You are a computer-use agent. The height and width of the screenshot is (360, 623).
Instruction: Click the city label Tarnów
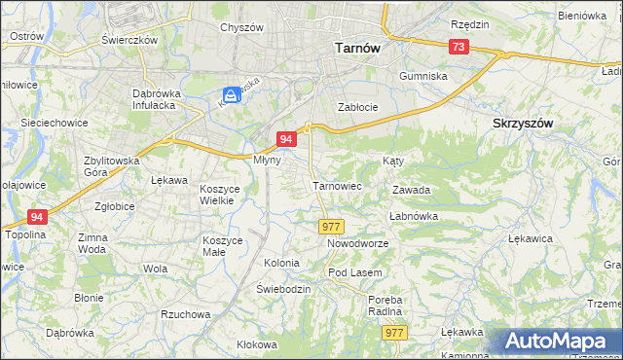356,46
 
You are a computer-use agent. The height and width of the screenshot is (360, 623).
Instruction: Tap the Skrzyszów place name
523,124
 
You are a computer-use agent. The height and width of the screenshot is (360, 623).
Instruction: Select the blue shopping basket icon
231,95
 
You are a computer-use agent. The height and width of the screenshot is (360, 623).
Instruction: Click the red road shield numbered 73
458,47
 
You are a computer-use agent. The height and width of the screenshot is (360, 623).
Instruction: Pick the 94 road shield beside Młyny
285,139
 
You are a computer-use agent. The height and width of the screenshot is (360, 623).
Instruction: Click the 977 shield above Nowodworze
331,226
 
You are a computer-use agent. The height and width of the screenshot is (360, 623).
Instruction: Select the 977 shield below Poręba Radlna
393,333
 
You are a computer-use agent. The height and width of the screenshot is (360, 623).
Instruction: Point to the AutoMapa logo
560,341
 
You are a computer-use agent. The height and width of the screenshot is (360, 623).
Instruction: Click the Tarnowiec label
337,185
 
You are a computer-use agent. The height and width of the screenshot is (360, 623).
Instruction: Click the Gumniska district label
423,75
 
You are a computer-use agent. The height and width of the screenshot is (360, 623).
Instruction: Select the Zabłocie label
357,107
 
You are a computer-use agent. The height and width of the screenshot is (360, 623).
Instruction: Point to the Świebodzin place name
283,290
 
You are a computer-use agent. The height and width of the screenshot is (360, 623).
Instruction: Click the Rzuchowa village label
186,314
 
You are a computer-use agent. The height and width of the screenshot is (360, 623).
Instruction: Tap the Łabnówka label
415,216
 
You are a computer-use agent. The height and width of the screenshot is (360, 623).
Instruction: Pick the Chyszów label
242,27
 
